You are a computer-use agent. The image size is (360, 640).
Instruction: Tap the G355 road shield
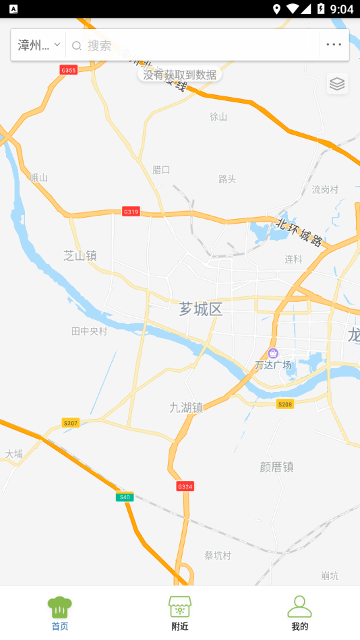pyautogui.click(x=69, y=69)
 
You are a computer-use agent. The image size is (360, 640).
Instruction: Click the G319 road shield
pyautogui.click(x=131, y=212)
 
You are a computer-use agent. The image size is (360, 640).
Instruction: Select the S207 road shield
pyautogui.click(x=71, y=422)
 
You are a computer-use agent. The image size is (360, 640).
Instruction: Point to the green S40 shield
pyautogui.click(x=124, y=497)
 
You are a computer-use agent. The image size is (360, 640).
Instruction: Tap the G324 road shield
pyautogui.click(x=185, y=486)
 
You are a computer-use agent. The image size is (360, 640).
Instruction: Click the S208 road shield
pyautogui.click(x=285, y=404)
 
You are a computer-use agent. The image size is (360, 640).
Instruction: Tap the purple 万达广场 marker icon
pyautogui.click(x=273, y=353)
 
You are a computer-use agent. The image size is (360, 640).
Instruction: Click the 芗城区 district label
pyautogui.click(x=201, y=309)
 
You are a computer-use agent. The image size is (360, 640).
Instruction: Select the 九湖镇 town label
pyautogui.click(x=186, y=407)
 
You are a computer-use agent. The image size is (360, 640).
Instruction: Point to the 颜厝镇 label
pyautogui.click(x=276, y=466)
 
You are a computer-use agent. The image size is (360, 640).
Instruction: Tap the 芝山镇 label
pyautogui.click(x=80, y=255)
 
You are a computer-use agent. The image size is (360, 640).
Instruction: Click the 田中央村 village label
pyautogui.click(x=89, y=331)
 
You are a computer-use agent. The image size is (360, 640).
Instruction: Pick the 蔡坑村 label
pyautogui.click(x=218, y=555)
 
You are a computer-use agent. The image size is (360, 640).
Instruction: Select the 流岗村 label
pyautogui.click(x=325, y=189)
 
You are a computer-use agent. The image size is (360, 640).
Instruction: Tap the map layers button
pyautogui.click(x=337, y=84)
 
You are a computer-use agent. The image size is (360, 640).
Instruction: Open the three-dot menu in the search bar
pyautogui.click(x=334, y=45)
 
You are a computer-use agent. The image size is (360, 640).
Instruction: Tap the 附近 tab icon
pyautogui.click(x=180, y=606)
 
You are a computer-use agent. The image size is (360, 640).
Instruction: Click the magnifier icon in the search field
pyautogui.click(x=77, y=46)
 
